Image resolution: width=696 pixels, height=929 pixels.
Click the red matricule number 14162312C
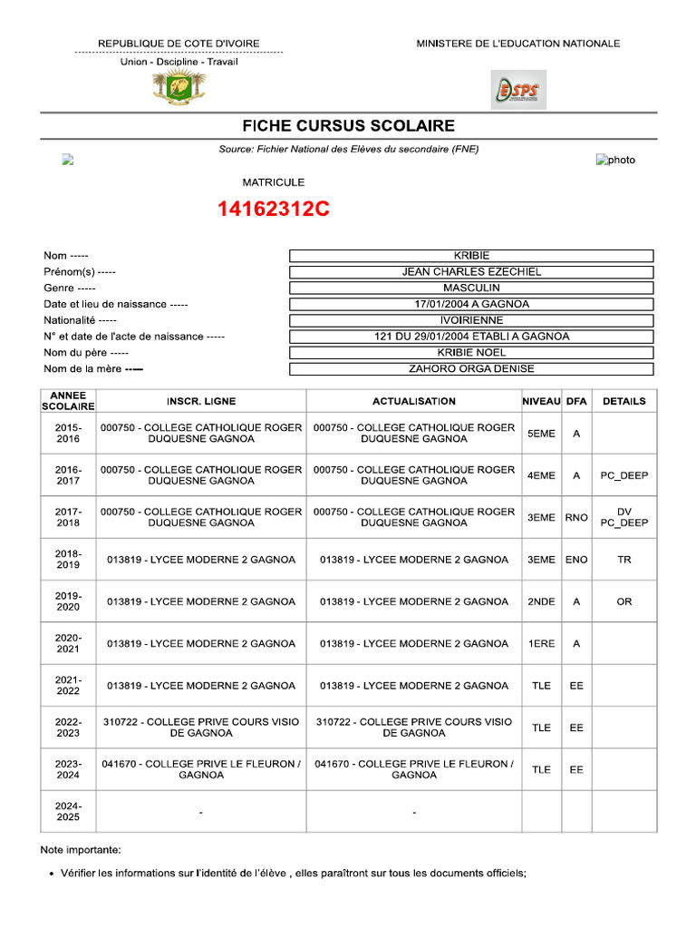click(273, 210)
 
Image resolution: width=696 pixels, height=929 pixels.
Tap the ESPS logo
click(518, 90)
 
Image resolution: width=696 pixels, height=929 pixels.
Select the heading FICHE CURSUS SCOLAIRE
click(348, 126)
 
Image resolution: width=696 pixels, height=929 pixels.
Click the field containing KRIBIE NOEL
click(471, 352)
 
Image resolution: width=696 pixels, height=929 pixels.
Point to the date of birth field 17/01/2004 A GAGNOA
click(471, 304)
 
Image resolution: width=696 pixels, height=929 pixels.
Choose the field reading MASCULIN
click(471, 288)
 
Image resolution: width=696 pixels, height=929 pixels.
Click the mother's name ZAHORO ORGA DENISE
click(471, 368)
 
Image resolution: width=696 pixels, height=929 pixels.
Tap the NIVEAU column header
click(541, 401)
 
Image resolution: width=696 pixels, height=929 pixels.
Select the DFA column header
click(576, 401)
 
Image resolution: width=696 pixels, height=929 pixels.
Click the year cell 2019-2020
click(68, 601)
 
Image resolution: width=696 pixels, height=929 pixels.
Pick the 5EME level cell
click(541, 434)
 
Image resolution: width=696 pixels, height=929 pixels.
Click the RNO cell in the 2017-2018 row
click(576, 517)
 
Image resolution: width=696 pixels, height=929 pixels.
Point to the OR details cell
click(624, 601)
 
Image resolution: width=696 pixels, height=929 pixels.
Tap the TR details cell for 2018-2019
click(624, 560)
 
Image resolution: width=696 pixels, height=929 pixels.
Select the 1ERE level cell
click(541, 643)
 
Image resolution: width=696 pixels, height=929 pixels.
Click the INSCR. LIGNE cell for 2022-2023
click(201, 728)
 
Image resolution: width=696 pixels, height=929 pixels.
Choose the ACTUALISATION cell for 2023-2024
click(414, 769)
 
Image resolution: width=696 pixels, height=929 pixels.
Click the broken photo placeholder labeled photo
click(615, 160)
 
